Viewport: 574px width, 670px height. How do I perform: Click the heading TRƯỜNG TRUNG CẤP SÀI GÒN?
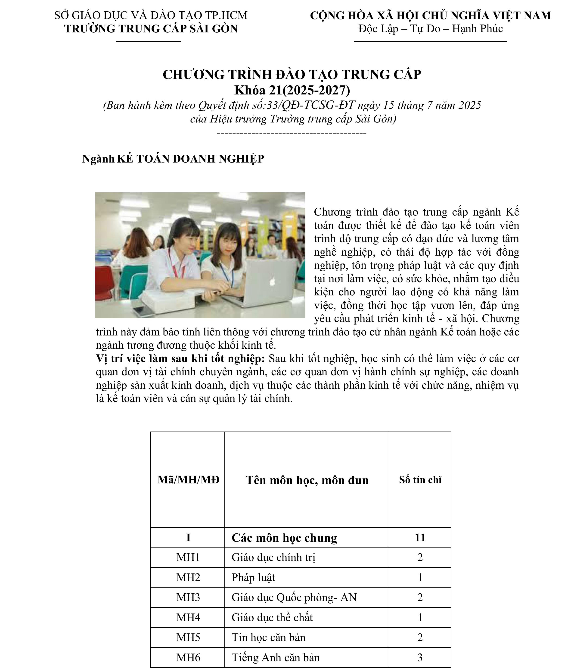tap(151, 29)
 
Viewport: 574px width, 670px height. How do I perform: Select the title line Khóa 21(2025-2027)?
tap(292, 90)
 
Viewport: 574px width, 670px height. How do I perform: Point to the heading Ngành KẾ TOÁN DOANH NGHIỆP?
tap(173, 159)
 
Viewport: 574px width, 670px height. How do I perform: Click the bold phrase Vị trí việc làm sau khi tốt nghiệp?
tap(180, 359)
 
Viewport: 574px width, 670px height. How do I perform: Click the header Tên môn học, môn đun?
tap(307, 480)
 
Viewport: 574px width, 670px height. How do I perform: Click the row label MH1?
tap(188, 557)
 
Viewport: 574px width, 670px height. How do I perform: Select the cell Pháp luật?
tap(253, 578)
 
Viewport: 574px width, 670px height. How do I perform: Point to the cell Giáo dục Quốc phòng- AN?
tap(294, 598)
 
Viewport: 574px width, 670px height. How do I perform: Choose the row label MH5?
tap(188, 637)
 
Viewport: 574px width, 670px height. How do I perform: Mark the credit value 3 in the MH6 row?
tap(420, 657)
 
